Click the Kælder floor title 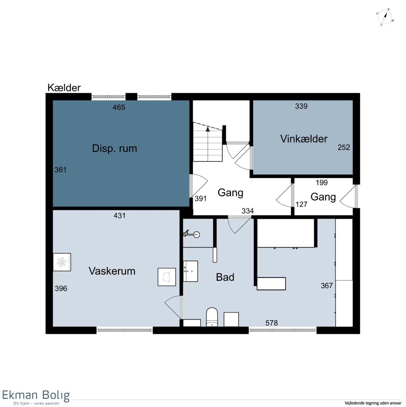click(x=64, y=88)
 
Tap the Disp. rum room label click(x=114, y=148)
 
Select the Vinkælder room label click(x=303, y=139)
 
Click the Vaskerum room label click(x=112, y=271)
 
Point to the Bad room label click(x=225, y=277)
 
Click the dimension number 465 click(x=119, y=107)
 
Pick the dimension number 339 click(x=301, y=106)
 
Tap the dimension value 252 click(x=344, y=147)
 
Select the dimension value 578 click(x=271, y=323)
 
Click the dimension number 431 click(x=119, y=215)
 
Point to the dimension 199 click(x=321, y=183)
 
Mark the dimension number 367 click(x=326, y=285)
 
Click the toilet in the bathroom click(x=212, y=317)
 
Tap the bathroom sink click(x=190, y=271)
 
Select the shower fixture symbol click(x=191, y=234)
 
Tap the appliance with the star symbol click(x=62, y=262)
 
